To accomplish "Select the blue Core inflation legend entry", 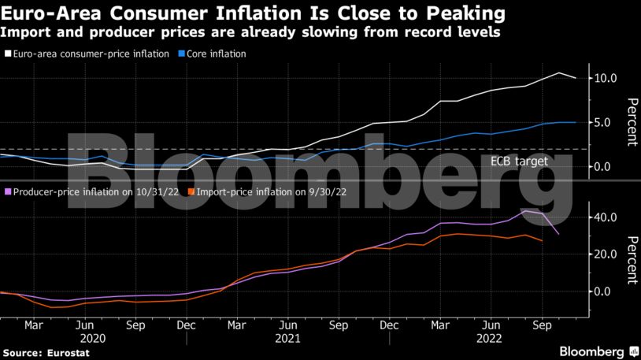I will click(216, 54).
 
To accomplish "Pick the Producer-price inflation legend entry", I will click(94, 191).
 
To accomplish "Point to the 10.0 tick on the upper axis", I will click(606, 78).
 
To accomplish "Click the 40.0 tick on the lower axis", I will click(606, 217).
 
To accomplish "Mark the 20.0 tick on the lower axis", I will click(606, 254).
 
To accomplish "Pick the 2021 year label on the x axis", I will click(288, 337).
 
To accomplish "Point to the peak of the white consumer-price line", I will click(558, 73).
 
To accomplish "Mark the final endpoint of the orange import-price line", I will click(541, 241).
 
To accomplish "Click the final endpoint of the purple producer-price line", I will click(558, 234).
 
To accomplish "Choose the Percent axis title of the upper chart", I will click(631, 122).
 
